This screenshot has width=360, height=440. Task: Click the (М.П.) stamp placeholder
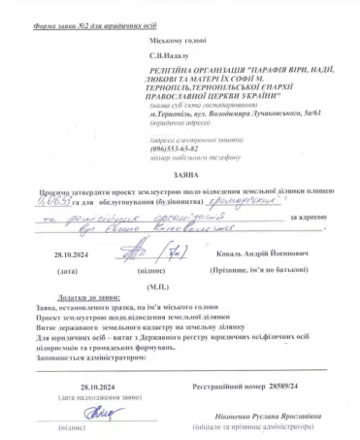[x=153, y=288]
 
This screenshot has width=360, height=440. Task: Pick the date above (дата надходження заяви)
[x=96, y=388]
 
